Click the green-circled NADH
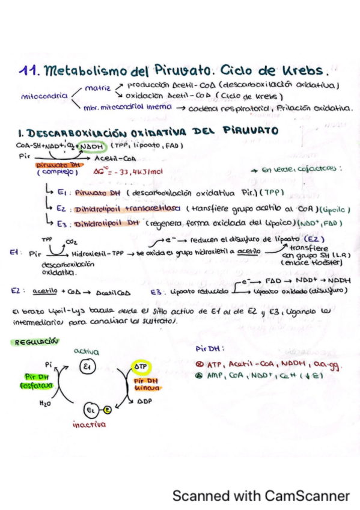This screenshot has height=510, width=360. point(91,146)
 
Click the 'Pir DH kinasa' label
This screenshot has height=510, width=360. point(145,385)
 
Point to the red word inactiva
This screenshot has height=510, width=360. point(88,424)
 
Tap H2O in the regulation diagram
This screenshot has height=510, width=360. point(44,404)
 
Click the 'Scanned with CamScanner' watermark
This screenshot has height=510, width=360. point(261,496)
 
